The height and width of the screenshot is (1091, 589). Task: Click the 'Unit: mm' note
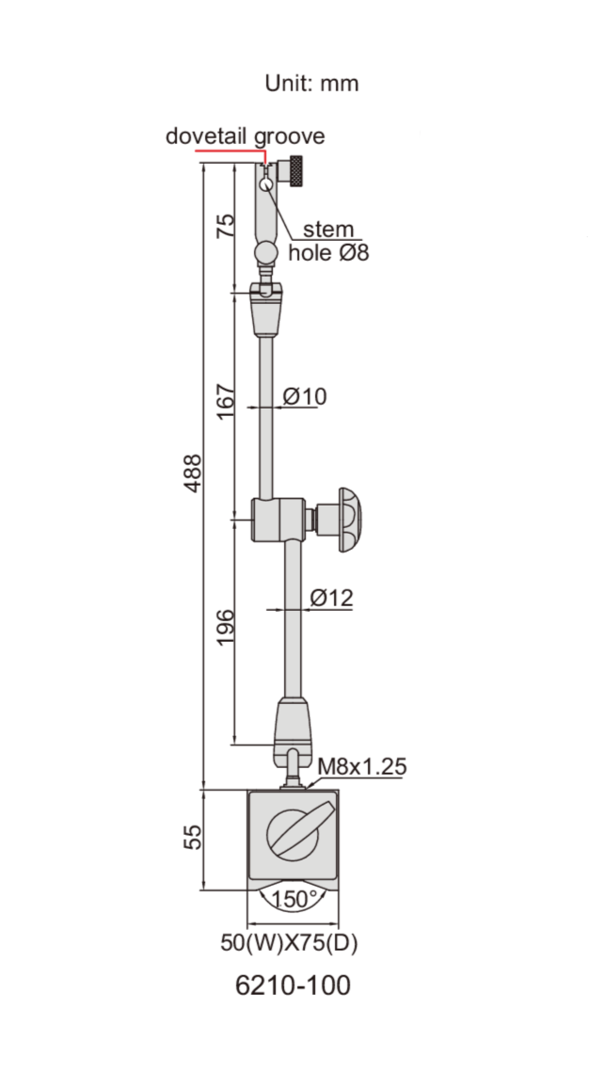311,84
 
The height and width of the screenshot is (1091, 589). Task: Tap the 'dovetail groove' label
245,136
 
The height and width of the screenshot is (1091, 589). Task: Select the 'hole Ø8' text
328,252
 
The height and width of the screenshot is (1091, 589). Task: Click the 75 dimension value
225,226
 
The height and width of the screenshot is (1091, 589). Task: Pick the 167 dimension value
225,400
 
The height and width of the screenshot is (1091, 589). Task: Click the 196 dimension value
225,627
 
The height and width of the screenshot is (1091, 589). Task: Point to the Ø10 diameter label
305,396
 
